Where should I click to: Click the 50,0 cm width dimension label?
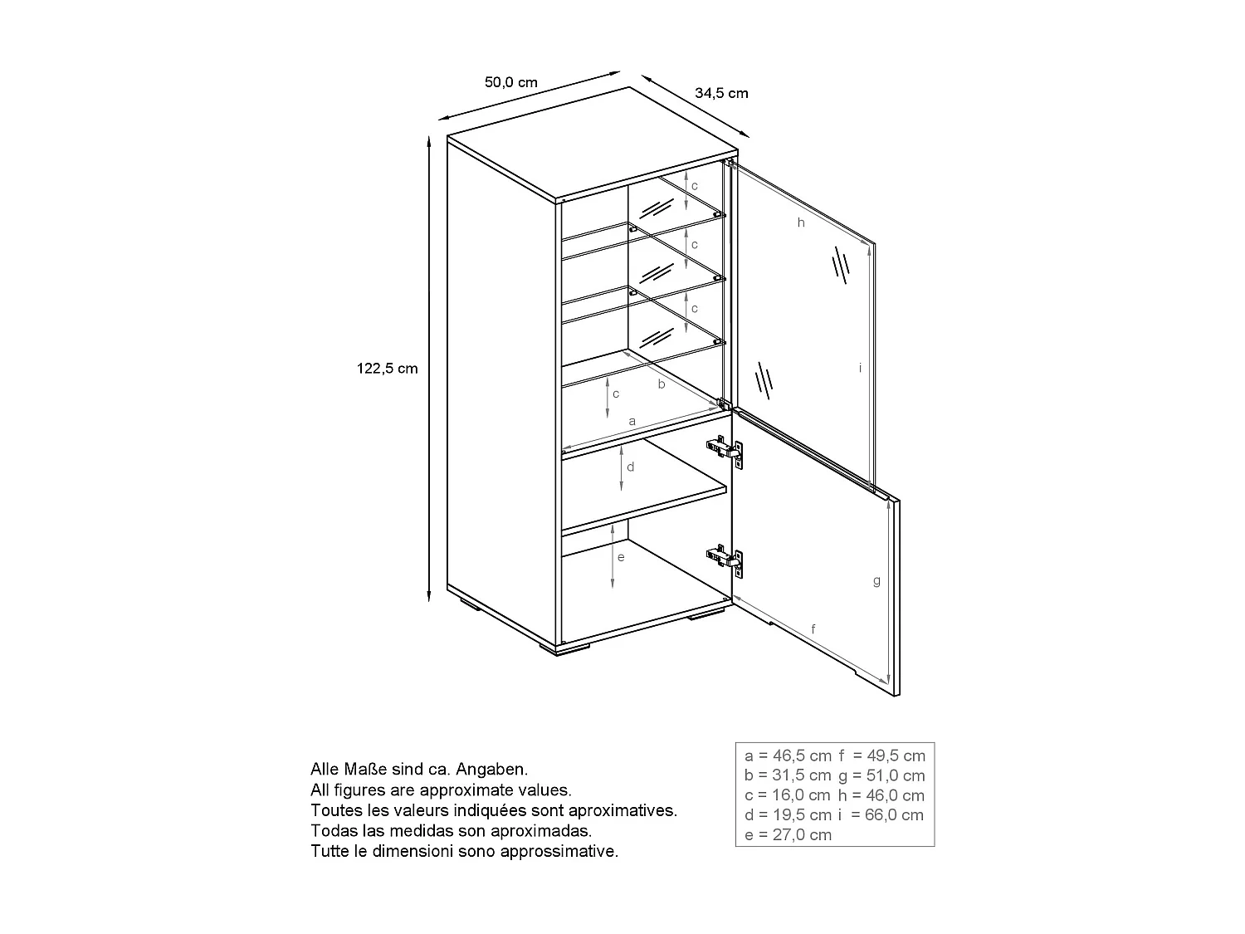pyautogui.click(x=510, y=82)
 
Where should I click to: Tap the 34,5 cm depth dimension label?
pyautogui.click(x=721, y=93)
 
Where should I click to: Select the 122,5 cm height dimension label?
pyautogui.click(x=388, y=368)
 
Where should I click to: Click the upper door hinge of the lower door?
pyautogui.click(x=725, y=449)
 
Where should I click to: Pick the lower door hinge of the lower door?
pyautogui.click(x=725, y=559)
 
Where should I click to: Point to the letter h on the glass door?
pyautogui.click(x=801, y=222)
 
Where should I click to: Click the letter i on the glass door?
pyautogui.click(x=861, y=367)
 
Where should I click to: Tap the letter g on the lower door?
pyautogui.click(x=876, y=581)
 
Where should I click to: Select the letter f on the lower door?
pyautogui.click(x=813, y=629)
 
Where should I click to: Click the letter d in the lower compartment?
pyautogui.click(x=631, y=467)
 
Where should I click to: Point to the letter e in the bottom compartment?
pyautogui.click(x=621, y=557)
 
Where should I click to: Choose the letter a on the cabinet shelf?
pyautogui.click(x=632, y=422)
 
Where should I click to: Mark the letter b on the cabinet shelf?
pyautogui.click(x=662, y=384)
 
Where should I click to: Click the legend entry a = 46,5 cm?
pyautogui.click(x=788, y=756)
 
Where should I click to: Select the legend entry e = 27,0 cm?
pyautogui.click(x=788, y=835)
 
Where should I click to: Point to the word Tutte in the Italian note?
pyautogui.click(x=330, y=851)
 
